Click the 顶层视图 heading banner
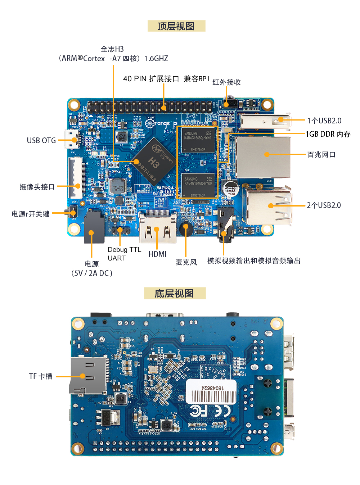[x=176, y=26]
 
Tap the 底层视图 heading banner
[x=175, y=294]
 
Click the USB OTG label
[x=41, y=140]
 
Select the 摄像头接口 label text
[x=37, y=187]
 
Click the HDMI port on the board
[x=158, y=228]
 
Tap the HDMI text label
[x=157, y=254]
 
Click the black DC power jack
[x=94, y=227]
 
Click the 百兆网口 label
[x=321, y=155]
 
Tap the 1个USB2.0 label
[x=324, y=121]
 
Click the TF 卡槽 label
[x=41, y=376]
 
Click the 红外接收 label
[x=226, y=82]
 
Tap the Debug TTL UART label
[x=124, y=254]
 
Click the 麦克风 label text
[x=186, y=262]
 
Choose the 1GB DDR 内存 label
[x=328, y=134]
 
